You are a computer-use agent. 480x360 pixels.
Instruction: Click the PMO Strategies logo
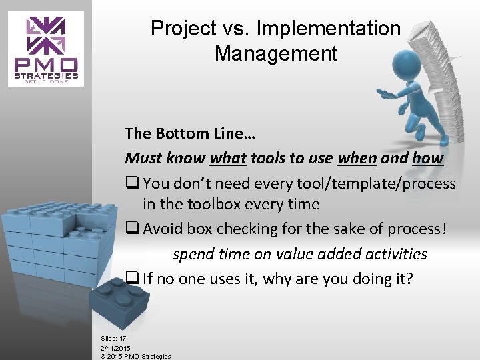point(47,49)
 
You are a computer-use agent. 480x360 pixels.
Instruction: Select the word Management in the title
point(276,53)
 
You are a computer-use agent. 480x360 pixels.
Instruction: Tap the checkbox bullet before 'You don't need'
point(131,183)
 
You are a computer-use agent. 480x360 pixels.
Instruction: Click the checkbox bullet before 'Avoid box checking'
point(131,229)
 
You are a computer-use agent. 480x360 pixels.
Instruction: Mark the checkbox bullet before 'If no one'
point(131,278)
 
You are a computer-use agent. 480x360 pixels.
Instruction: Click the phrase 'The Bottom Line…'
point(190,133)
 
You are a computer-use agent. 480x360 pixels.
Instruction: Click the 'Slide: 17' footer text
point(113,339)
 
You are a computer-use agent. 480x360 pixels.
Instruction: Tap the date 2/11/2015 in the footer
point(115,348)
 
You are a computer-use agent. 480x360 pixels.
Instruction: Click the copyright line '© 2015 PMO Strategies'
point(135,356)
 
